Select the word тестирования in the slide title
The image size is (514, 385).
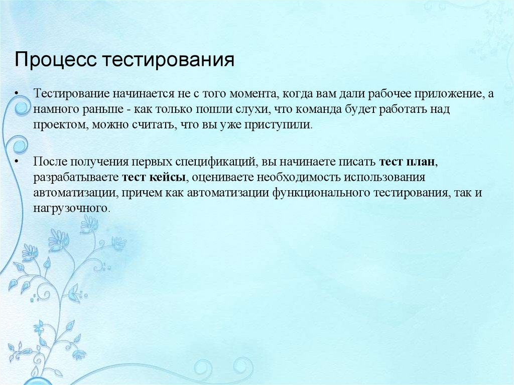pos(169,60)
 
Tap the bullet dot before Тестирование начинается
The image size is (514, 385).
pos(17,94)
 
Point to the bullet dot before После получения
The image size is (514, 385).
pos(17,163)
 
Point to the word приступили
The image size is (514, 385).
pos(284,125)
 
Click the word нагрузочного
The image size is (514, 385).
pos(70,208)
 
